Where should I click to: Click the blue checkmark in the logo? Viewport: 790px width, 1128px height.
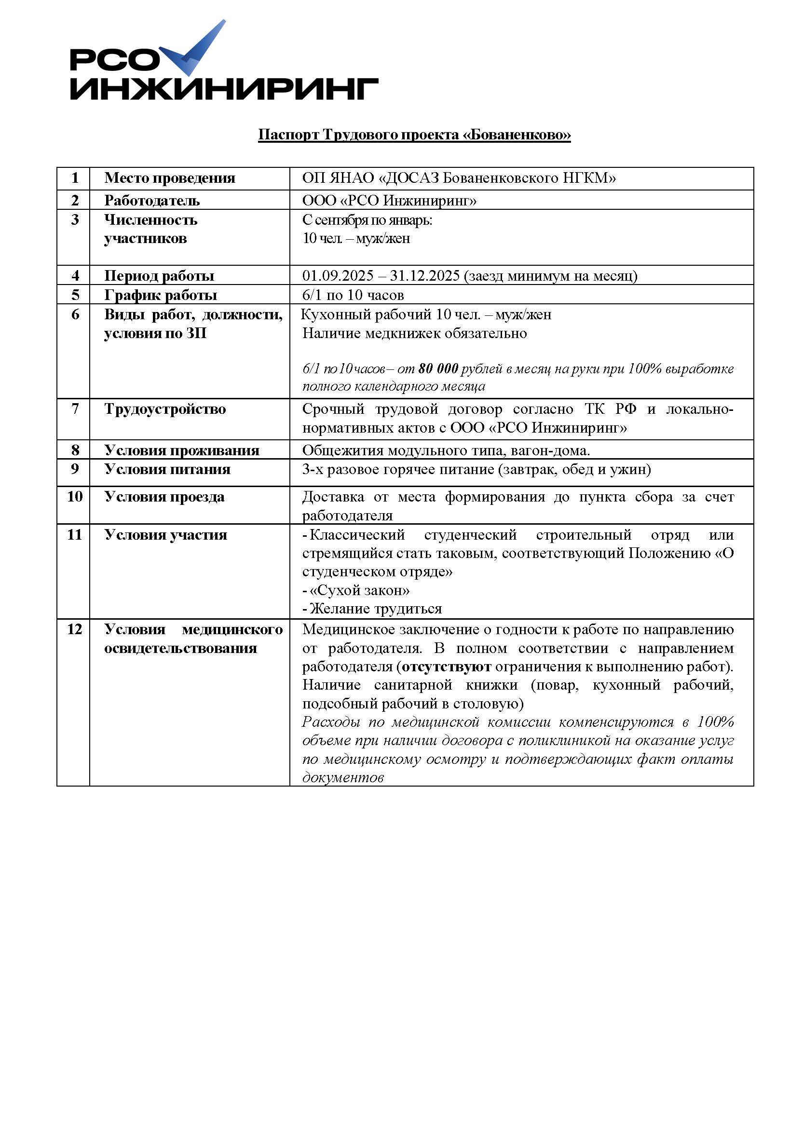pos(196,49)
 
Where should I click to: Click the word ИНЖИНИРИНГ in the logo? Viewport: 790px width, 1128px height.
pos(223,89)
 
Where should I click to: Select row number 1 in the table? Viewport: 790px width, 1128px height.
pos(75,178)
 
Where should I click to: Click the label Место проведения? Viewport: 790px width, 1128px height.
pos(169,178)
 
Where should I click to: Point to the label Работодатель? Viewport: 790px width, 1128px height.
pos(152,201)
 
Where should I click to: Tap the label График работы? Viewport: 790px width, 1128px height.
pos(161,295)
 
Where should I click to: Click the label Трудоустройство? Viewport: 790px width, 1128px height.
pos(165,409)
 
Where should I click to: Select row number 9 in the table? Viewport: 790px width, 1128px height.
pos(75,469)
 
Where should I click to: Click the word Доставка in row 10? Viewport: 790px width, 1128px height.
pos(333,497)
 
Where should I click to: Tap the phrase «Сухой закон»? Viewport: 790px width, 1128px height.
pos(359,590)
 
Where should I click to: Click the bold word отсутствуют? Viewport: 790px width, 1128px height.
pos(446,666)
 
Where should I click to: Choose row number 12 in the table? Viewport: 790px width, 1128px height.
pos(75,629)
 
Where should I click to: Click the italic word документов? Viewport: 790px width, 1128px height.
pos(342,778)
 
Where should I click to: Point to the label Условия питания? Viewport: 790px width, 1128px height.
pos(167,469)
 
